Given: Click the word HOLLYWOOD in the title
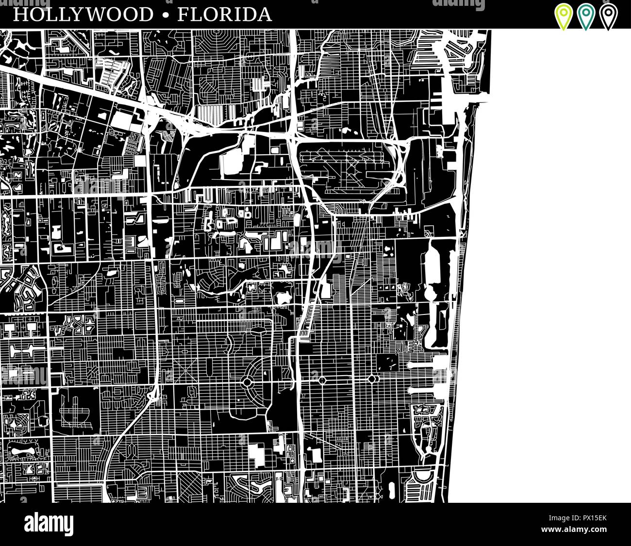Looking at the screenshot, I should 83,15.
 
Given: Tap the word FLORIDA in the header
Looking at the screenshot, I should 224,15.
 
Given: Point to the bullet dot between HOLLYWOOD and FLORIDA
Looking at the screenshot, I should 166,15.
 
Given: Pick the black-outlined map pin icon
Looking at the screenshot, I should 608,16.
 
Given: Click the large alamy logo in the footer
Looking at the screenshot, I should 49,524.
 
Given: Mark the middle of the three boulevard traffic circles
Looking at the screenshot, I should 321,379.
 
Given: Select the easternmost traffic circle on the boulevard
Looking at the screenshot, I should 372,379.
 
